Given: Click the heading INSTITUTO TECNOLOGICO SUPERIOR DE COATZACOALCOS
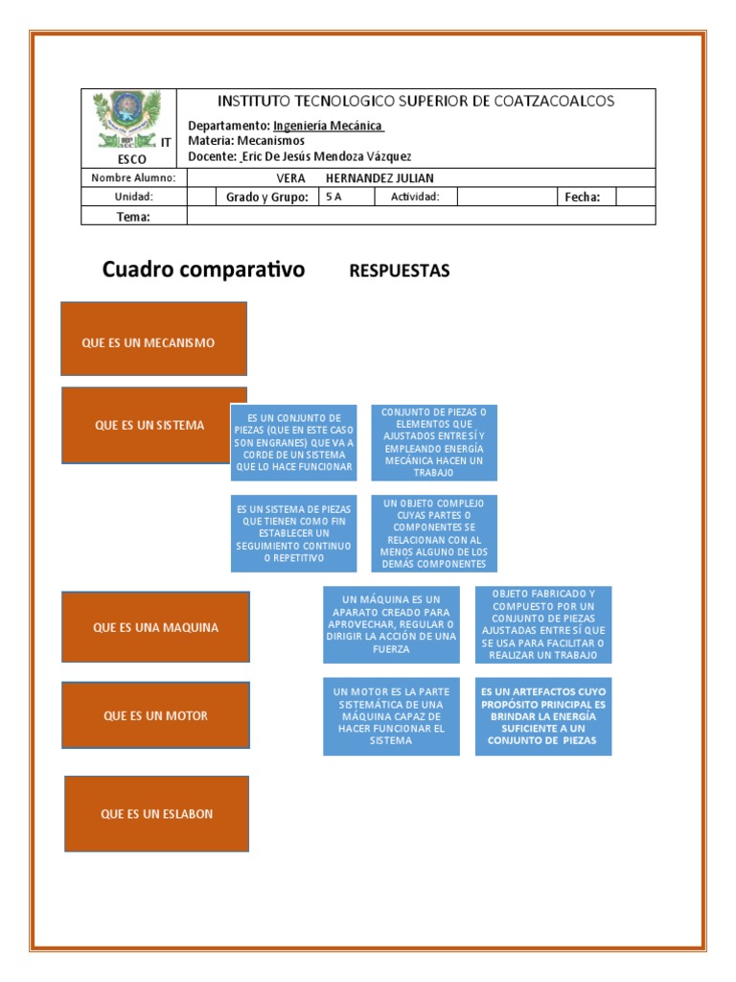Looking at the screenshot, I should (x=416, y=102).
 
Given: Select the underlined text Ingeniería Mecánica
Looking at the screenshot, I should (x=328, y=126).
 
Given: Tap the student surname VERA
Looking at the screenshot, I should (x=290, y=178).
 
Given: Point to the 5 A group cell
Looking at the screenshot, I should (x=333, y=198).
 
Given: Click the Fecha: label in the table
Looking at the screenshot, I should (x=582, y=198).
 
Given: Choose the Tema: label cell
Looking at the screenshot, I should (x=134, y=217).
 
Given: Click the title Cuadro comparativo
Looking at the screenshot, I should (x=203, y=269).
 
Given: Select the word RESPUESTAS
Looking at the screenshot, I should (x=400, y=270).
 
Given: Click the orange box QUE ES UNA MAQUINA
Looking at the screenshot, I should (x=155, y=627).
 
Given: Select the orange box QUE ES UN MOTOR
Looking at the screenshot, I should (x=155, y=715).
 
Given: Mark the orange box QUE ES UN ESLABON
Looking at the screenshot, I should (x=156, y=813).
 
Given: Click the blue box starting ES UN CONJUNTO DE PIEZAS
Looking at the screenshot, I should (x=294, y=442).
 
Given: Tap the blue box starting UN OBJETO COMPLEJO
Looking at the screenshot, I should (x=434, y=533).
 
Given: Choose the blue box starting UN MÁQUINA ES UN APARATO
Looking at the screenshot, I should (x=391, y=624).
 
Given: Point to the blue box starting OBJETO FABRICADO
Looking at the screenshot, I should (x=543, y=624).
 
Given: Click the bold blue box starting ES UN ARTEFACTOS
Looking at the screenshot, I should (x=543, y=715).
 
